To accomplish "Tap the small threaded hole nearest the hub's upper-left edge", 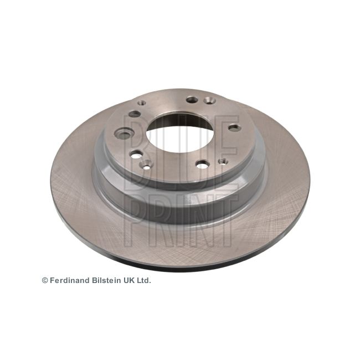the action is click(x=142, y=103).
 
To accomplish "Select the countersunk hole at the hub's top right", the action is click(x=209, y=100).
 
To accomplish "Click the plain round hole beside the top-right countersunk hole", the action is click(x=192, y=100).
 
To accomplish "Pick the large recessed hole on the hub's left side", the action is click(x=124, y=133).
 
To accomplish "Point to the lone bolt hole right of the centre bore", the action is click(x=234, y=127).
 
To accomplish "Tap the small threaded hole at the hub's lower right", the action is click(x=223, y=161).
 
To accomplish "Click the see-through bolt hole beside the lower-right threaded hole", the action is click(x=202, y=164).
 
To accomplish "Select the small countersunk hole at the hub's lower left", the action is click(x=146, y=164).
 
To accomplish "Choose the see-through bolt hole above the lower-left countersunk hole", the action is click(x=136, y=155).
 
